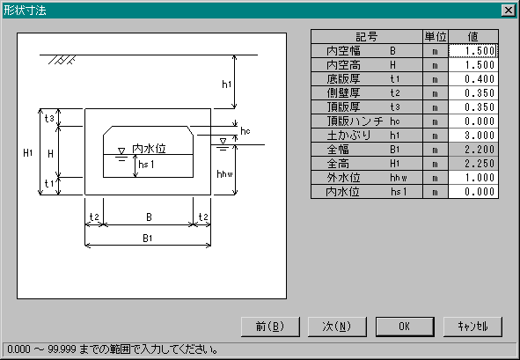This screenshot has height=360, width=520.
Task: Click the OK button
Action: (405, 327)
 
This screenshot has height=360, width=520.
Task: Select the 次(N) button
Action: (337, 327)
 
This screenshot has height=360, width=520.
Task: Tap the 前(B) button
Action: (270, 327)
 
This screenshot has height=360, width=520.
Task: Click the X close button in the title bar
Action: (509, 11)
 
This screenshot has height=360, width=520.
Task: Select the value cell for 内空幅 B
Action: (473, 51)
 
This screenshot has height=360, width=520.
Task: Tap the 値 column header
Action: (473, 36)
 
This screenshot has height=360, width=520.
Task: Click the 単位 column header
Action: (436, 36)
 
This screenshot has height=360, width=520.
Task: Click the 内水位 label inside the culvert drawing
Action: (149, 149)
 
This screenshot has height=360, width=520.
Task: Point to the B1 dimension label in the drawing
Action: (148, 239)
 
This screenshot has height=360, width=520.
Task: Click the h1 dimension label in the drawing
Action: (226, 84)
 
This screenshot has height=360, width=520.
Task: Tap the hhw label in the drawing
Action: (224, 174)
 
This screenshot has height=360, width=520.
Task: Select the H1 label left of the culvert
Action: (28, 152)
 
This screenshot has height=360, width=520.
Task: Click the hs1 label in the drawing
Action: (146, 165)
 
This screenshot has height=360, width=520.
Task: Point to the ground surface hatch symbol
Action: (62, 60)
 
